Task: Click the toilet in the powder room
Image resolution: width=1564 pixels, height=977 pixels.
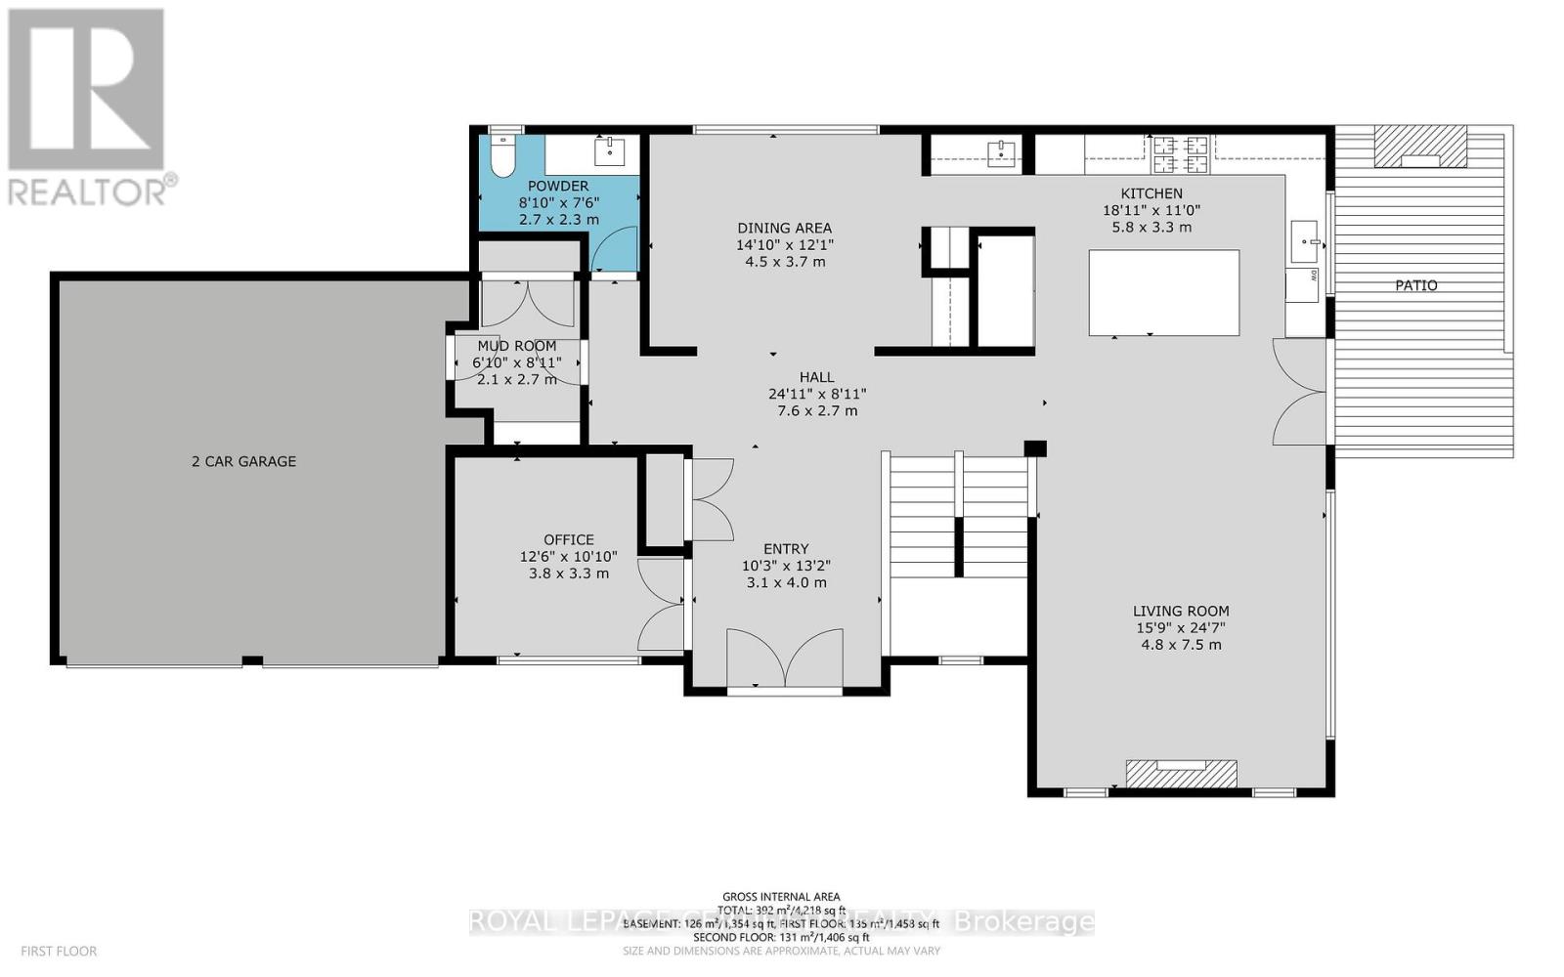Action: pos(503,157)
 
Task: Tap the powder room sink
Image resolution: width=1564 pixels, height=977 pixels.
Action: pos(610,151)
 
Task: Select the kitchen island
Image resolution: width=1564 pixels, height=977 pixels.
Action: pos(1163,292)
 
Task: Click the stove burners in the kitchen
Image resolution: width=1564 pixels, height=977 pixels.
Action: pos(1181,148)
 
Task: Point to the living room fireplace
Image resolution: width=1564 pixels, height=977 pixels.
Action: pos(1182,774)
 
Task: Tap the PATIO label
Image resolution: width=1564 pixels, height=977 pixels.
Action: pos(1415,285)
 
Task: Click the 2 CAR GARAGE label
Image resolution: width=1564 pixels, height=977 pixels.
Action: pos(243,461)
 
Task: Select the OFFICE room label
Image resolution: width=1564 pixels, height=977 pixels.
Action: pos(569,539)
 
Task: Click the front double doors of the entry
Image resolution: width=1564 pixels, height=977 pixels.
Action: pos(785,659)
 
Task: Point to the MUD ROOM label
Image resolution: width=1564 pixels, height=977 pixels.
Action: pos(516,346)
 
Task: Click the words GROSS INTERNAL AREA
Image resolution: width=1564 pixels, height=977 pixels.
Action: pos(781,896)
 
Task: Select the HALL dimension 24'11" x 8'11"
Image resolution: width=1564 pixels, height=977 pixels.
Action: pos(817,394)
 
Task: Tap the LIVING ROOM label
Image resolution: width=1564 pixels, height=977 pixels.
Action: pos(1181,611)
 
